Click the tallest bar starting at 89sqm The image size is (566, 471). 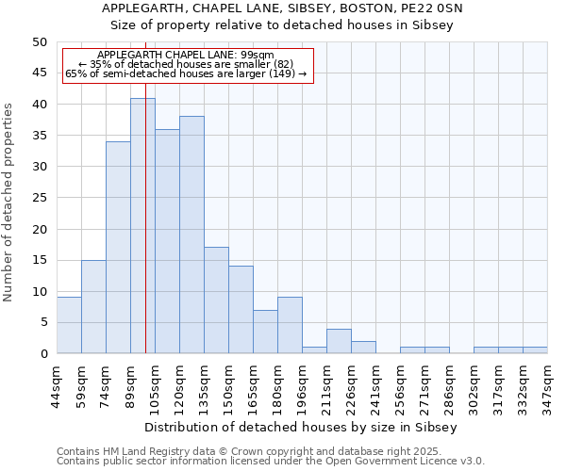coord(142,226)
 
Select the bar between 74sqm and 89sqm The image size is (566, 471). coord(118,248)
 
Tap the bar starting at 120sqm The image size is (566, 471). coord(191,235)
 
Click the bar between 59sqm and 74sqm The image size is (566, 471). coord(93,306)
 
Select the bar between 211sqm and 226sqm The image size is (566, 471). coord(339,341)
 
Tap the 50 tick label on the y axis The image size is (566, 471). coord(39,42)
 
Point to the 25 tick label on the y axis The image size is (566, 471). coord(39,198)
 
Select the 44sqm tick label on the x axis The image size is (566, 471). coord(57,384)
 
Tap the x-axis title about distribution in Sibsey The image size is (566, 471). coord(302,427)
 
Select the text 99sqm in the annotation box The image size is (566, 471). coord(256,56)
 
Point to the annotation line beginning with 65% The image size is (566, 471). coord(186,73)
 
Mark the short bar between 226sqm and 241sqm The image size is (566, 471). coord(363,348)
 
